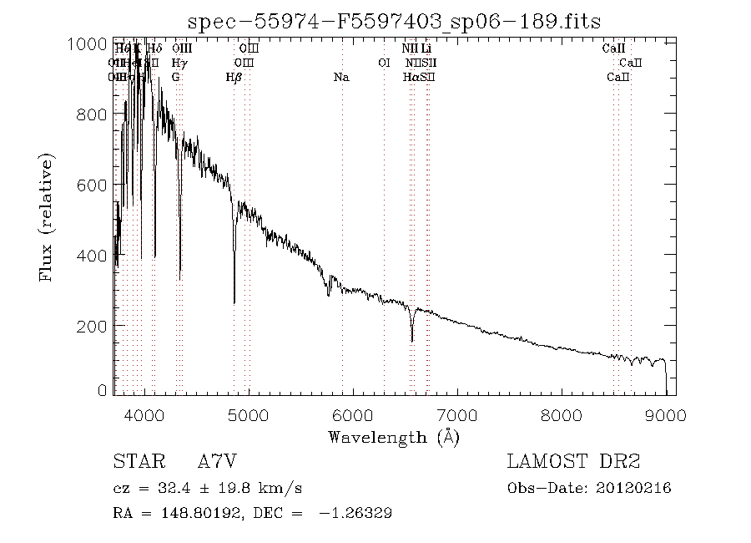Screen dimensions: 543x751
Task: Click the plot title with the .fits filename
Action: pyautogui.click(x=394, y=20)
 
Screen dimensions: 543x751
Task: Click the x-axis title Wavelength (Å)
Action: pyautogui.click(x=394, y=436)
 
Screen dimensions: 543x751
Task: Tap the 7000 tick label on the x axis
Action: pyautogui.click(x=457, y=415)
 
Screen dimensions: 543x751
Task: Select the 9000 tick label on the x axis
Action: pyautogui.click(x=665, y=415)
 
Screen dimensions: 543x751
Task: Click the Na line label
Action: pyautogui.click(x=340, y=78)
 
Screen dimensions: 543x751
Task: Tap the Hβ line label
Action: pyautogui.click(x=234, y=78)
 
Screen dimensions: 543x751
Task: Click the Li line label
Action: pyautogui.click(x=426, y=49)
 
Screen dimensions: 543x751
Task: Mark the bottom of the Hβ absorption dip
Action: pyautogui.click(x=234, y=302)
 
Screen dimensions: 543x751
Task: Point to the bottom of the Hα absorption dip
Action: pyautogui.click(x=411, y=340)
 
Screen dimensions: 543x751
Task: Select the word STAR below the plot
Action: pyautogui.click(x=135, y=462)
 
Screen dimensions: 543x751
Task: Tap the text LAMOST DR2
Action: pyautogui.click(x=573, y=462)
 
